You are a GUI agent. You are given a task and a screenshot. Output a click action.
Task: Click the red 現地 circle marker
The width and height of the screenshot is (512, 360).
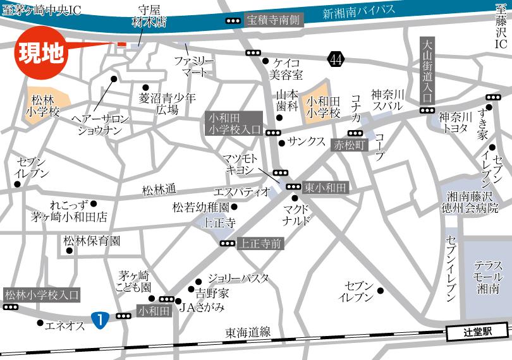[39, 54]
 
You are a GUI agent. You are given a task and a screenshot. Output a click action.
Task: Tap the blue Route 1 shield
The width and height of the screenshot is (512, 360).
[99, 319]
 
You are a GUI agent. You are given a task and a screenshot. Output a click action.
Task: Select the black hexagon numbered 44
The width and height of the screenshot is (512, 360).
[336, 59]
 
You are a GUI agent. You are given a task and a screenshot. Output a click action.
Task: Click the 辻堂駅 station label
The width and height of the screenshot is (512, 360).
[477, 330]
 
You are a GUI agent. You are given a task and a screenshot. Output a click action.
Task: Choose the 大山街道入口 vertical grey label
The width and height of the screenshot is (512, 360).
[427, 70]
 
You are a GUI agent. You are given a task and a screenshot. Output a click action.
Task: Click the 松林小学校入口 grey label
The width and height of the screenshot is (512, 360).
[42, 294]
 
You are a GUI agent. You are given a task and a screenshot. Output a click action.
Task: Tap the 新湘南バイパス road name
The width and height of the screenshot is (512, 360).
[358, 11]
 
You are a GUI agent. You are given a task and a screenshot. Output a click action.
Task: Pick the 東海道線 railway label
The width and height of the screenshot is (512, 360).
[248, 332]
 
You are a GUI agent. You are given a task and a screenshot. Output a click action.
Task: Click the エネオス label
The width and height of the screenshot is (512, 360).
[64, 325]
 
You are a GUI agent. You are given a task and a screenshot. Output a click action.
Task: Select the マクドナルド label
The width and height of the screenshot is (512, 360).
[296, 214]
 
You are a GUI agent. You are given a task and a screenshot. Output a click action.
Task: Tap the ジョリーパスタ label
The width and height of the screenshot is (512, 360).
[238, 278]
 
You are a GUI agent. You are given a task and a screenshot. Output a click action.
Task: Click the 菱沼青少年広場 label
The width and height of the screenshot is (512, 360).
[168, 104]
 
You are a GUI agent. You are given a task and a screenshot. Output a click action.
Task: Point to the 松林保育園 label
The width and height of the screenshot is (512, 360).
[92, 241]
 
